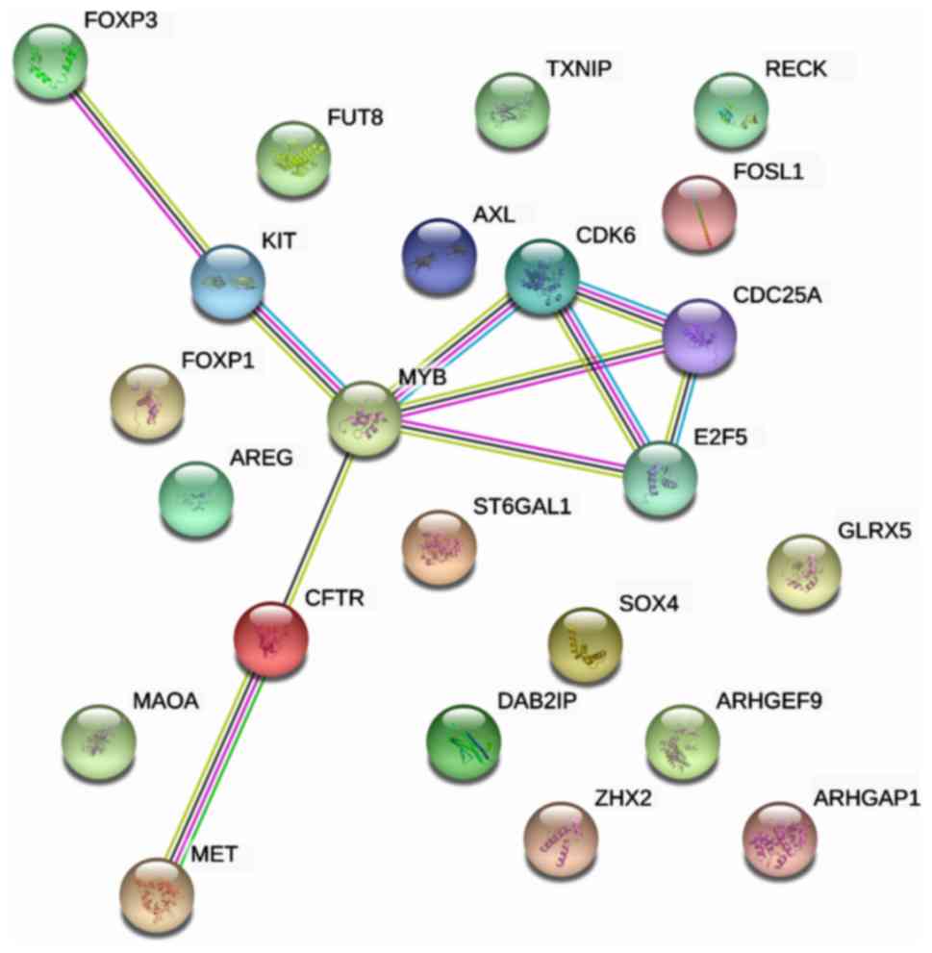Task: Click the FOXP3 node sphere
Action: click(x=50, y=62)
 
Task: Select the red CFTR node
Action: click(x=271, y=639)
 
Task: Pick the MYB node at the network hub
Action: click(x=364, y=419)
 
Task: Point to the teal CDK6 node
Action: click(x=542, y=278)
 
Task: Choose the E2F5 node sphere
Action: click(x=660, y=479)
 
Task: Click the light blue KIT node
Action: click(x=228, y=283)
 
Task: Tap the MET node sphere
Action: click(x=158, y=892)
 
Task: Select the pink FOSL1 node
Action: click(x=699, y=213)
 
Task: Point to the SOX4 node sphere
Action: click(x=585, y=644)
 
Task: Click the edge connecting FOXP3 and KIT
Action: click(x=139, y=172)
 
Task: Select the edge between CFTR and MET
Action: click(x=214, y=765)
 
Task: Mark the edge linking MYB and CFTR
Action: click(x=317, y=529)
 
